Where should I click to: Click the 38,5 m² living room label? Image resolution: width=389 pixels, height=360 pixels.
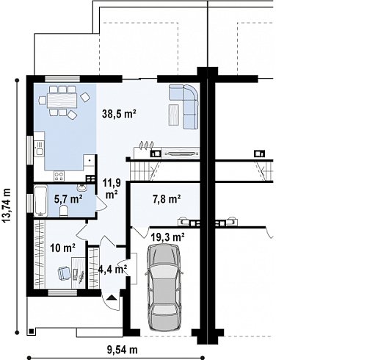click(119, 114)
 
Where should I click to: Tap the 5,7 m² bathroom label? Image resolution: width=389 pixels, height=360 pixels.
click(68, 198)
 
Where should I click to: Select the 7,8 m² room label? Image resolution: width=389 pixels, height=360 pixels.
click(167, 198)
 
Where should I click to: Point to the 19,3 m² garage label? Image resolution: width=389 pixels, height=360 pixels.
click(167, 237)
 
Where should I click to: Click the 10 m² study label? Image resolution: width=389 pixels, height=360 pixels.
click(63, 248)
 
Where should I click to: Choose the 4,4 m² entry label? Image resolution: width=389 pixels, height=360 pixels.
click(112, 269)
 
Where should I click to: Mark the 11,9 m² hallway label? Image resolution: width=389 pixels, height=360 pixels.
click(112, 189)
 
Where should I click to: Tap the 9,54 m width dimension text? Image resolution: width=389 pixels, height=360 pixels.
click(123, 350)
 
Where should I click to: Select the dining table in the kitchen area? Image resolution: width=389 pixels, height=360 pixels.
click(62, 100)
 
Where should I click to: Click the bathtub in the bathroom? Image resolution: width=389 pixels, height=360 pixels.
click(40, 201)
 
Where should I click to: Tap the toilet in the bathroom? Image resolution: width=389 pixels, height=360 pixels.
click(64, 211)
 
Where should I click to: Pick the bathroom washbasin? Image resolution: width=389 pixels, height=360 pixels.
click(82, 188)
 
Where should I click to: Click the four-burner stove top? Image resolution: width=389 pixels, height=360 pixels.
click(59, 176)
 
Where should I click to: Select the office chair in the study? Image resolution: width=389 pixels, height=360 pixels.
click(64, 273)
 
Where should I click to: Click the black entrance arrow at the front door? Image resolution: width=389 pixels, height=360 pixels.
click(112, 298)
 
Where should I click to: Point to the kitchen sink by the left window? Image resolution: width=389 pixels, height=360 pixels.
click(39, 148)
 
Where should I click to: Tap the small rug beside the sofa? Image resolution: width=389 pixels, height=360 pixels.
click(174, 115)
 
